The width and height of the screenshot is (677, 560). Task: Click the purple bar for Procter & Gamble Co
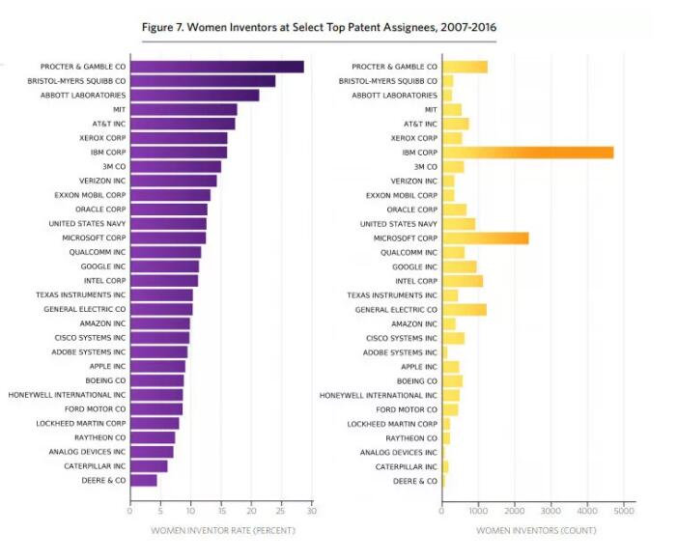216,67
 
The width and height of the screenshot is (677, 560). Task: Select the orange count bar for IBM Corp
527,153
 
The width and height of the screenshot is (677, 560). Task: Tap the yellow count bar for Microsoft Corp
485,238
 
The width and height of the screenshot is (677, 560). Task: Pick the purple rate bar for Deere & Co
143,480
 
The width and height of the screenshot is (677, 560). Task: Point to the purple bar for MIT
183,109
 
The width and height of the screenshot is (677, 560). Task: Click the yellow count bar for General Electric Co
465,309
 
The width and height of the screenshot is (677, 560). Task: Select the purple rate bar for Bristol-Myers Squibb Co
202,81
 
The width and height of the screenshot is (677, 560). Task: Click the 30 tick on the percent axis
312,512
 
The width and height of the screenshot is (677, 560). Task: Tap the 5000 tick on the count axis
623,512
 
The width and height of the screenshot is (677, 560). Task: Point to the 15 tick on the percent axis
221,512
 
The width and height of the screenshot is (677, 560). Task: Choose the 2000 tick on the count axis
514,512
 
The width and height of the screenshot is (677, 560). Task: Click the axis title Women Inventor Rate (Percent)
223,530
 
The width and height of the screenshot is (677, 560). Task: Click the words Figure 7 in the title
169,27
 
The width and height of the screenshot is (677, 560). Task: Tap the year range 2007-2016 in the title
461,27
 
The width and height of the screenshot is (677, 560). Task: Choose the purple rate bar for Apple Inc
157,366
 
